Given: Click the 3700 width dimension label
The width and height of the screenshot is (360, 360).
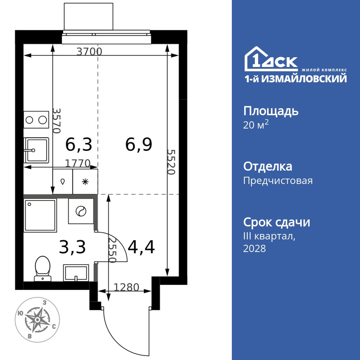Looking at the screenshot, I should (x=90, y=51).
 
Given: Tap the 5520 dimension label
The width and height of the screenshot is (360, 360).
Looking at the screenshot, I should (x=171, y=162).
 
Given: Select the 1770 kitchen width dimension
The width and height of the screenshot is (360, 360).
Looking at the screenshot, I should (x=77, y=163).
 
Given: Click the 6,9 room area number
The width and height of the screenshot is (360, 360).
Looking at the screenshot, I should (x=139, y=145).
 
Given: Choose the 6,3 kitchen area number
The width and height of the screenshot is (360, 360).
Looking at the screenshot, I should (x=79, y=145).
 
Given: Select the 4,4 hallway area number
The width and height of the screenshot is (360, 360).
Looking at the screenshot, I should (x=141, y=247).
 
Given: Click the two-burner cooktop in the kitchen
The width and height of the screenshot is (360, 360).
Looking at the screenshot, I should (x=36, y=120).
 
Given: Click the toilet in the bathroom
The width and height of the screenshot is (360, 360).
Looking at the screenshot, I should (x=43, y=268).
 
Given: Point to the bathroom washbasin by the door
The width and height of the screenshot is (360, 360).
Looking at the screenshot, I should (x=76, y=273).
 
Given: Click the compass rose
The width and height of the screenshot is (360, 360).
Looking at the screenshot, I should (x=36, y=319).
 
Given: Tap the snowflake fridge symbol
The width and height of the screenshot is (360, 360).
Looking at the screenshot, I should (x=85, y=182).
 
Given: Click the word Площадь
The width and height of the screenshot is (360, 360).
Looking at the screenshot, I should (x=271, y=111).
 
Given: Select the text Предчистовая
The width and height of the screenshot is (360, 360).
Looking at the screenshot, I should (x=278, y=180).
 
